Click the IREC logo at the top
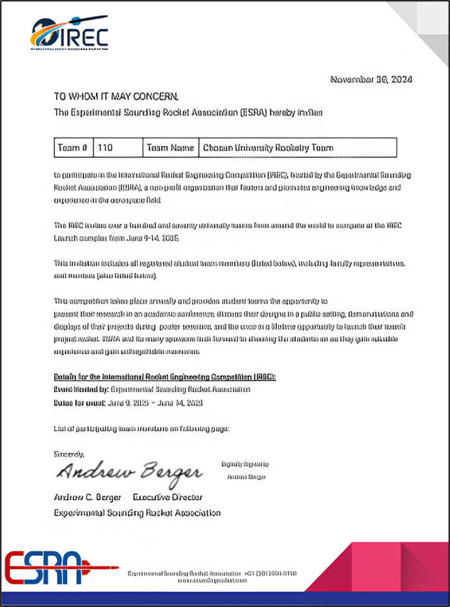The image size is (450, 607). (x=69, y=33)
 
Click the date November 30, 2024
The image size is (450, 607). (x=372, y=80)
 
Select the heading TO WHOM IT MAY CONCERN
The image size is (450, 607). (x=116, y=97)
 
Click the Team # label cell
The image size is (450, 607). (x=73, y=148)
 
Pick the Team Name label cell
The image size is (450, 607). (x=169, y=148)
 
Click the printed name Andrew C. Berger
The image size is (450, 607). (x=87, y=497)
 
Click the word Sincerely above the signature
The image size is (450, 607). (x=69, y=454)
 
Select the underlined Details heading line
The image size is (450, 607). (x=165, y=377)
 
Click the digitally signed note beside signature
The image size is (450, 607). (x=244, y=470)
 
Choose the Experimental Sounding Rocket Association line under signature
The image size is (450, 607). (x=138, y=513)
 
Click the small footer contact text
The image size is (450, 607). (x=212, y=577)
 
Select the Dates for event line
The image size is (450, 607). (x=138, y=403)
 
